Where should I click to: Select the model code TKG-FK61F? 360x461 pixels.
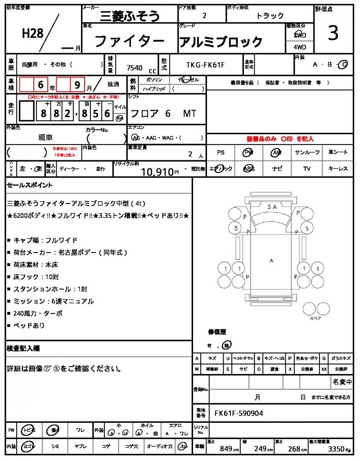pos(205,65)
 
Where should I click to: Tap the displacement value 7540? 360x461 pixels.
pos(135,68)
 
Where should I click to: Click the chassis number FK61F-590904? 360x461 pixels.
pos(239,413)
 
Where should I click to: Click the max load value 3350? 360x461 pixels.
pos(338,448)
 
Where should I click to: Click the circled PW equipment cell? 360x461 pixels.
pos(248,153)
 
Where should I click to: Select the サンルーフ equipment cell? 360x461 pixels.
pos(307,153)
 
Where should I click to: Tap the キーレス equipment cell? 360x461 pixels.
pos(338,168)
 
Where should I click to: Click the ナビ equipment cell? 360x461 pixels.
pos(277,168)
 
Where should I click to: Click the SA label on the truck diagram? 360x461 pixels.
pos(272,207)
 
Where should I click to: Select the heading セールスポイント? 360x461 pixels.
pos(30,185)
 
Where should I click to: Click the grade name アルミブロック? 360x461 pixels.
pos(221,42)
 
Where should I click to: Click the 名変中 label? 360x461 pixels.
pos(342,382)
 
